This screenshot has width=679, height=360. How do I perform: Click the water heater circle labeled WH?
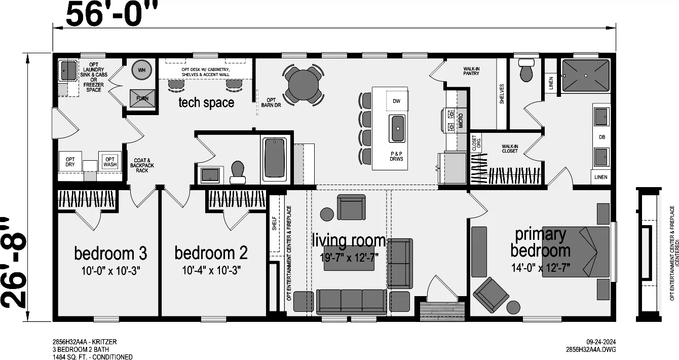click(141, 70)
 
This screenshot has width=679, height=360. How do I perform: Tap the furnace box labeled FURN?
click(142, 98)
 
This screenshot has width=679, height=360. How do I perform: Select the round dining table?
click(303, 85)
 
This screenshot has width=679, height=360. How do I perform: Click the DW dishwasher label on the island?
click(396, 101)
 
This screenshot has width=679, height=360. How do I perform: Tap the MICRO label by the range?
click(461, 121)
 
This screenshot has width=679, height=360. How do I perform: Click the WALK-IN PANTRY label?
click(471, 71)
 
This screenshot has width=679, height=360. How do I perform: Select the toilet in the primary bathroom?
click(527, 70)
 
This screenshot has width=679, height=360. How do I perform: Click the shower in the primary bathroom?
click(586, 76)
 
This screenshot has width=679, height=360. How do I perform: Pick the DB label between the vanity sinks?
click(602, 137)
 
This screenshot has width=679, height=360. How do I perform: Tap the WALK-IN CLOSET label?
click(510, 149)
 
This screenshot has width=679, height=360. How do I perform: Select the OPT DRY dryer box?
click(70, 162)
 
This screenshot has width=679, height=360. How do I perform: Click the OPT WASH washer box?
click(110, 162)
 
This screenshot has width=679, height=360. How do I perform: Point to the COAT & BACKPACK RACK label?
click(142, 166)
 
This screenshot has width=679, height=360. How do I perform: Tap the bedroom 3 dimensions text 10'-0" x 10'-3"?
click(110, 271)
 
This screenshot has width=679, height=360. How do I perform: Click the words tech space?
click(206, 102)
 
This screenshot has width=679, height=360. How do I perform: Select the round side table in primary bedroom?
click(513, 307)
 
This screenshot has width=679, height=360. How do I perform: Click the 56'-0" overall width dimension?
click(112, 14)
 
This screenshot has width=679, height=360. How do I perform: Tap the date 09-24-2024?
click(601, 342)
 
